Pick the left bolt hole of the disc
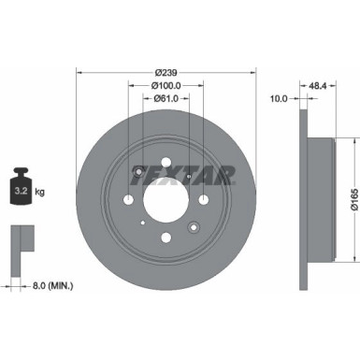click(125, 198)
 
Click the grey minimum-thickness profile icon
click(22, 241)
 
